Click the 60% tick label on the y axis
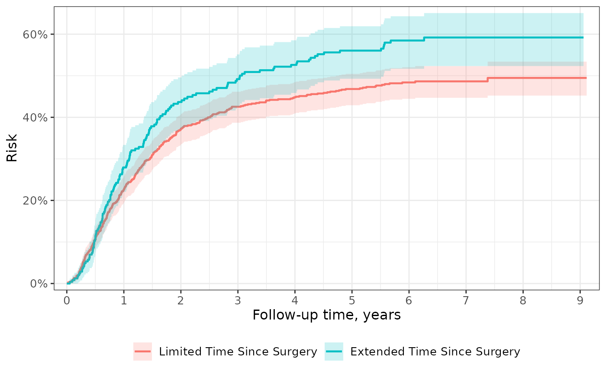pyautogui.click(x=35, y=35)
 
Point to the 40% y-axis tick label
pyautogui.click(x=35, y=118)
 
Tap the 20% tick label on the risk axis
pyautogui.click(x=35, y=201)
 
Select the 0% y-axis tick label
pyautogui.click(x=39, y=284)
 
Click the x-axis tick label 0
pyautogui.click(x=67, y=300)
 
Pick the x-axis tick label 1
pyautogui.click(x=124, y=300)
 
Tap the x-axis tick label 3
pyautogui.click(x=238, y=300)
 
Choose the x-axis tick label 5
pyautogui.click(x=352, y=300)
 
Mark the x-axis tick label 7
pyautogui.click(x=466, y=300)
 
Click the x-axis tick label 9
pyautogui.click(x=580, y=300)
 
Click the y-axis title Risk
pyautogui.click(x=12, y=148)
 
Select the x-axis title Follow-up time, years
pyautogui.click(x=326, y=315)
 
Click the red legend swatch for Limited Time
pyautogui.click(x=142, y=351)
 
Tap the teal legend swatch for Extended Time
pyautogui.click(x=334, y=351)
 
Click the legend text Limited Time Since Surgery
pyautogui.click(x=238, y=352)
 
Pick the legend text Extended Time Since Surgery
pyautogui.click(x=435, y=352)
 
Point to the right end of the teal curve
pyautogui.click(x=583, y=38)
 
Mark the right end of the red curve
pyautogui.click(x=586, y=78)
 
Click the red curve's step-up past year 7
pyautogui.click(x=488, y=80)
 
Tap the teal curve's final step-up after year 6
pyautogui.click(x=424, y=39)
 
